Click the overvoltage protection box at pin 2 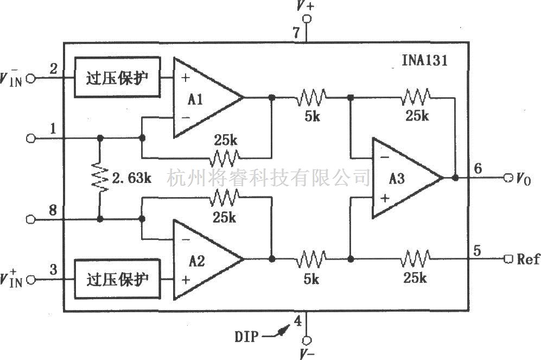pos(117,77)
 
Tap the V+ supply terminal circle pos(307,19)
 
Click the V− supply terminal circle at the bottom pos(307,340)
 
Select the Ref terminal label pos(528,259)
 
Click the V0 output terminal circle pos(508,178)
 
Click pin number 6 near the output pos(477,168)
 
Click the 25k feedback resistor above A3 pos(416,98)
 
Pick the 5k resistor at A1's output pos(311,98)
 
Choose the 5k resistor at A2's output pos(311,259)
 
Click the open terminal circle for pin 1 pos(30,138)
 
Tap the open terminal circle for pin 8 pos(30,219)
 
